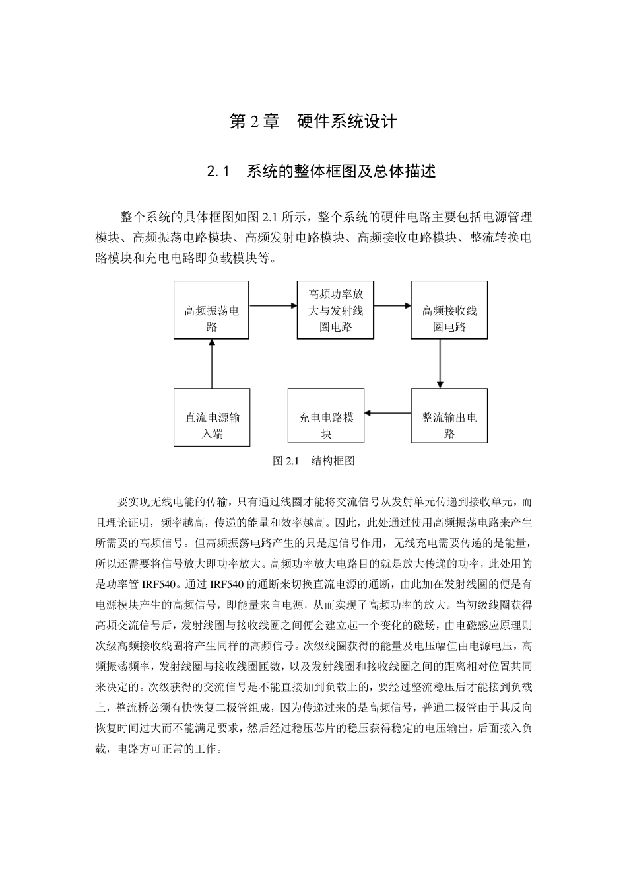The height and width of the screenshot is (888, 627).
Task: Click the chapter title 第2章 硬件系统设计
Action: pos(313,122)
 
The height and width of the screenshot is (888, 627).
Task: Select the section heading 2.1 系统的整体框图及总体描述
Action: pos(321,172)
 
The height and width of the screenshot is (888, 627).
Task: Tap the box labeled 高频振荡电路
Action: pos(212,310)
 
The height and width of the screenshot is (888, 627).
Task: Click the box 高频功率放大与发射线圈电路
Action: pos(336,310)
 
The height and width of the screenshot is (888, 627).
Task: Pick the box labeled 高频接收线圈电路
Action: pos(449,310)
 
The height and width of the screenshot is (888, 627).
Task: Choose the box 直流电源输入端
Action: pos(212,417)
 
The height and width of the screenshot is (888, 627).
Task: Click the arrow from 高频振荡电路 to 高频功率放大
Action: pos(274,305)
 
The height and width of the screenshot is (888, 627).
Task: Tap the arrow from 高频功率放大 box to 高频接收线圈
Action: pos(393,305)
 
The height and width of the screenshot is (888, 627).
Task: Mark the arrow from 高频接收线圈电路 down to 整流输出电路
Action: pos(440,363)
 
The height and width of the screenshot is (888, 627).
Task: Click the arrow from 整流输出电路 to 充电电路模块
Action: pos(387,413)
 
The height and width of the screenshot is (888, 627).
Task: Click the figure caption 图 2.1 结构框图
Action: pos(314,461)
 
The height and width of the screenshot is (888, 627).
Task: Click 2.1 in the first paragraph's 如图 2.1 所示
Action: pos(270,217)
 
